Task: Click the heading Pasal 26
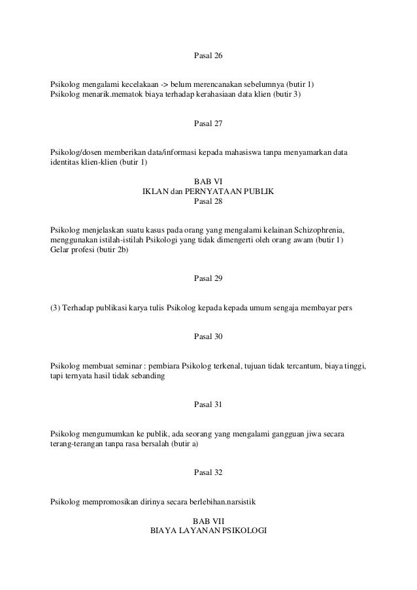click(208, 56)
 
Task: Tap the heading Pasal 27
click(208, 123)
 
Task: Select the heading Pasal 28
click(208, 201)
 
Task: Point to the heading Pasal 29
click(208, 279)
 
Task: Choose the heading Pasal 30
click(208, 336)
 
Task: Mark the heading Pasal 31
click(208, 404)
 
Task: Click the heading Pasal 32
click(208, 472)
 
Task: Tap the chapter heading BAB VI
click(208, 182)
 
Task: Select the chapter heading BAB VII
click(208, 521)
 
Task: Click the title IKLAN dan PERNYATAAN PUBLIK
click(208, 191)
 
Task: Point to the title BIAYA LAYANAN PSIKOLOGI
click(208, 531)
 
